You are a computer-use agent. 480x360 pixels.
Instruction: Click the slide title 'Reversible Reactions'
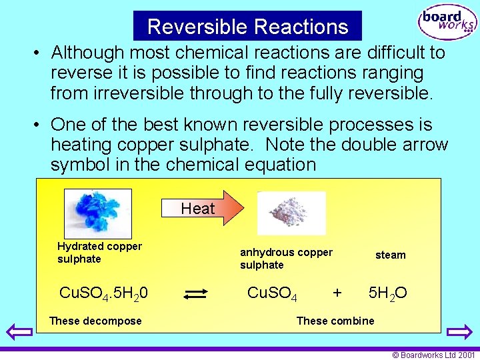click(247, 27)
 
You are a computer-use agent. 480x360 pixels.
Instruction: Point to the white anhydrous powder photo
click(291, 213)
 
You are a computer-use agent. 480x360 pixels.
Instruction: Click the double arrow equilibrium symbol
click(197, 294)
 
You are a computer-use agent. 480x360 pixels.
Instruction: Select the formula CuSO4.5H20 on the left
click(104, 293)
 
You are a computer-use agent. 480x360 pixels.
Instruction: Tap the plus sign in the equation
click(337, 293)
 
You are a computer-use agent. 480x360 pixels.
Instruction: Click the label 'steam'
click(390, 255)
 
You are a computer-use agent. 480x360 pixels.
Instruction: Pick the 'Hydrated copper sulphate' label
click(99, 253)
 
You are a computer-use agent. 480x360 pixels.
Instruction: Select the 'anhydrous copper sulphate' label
click(286, 259)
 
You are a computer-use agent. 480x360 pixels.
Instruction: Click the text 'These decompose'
click(95, 321)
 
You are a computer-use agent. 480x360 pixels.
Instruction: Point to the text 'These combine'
click(335, 321)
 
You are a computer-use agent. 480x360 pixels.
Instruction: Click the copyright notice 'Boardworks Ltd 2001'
click(434, 355)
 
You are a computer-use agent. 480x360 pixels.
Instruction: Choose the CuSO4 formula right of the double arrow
click(272, 293)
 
